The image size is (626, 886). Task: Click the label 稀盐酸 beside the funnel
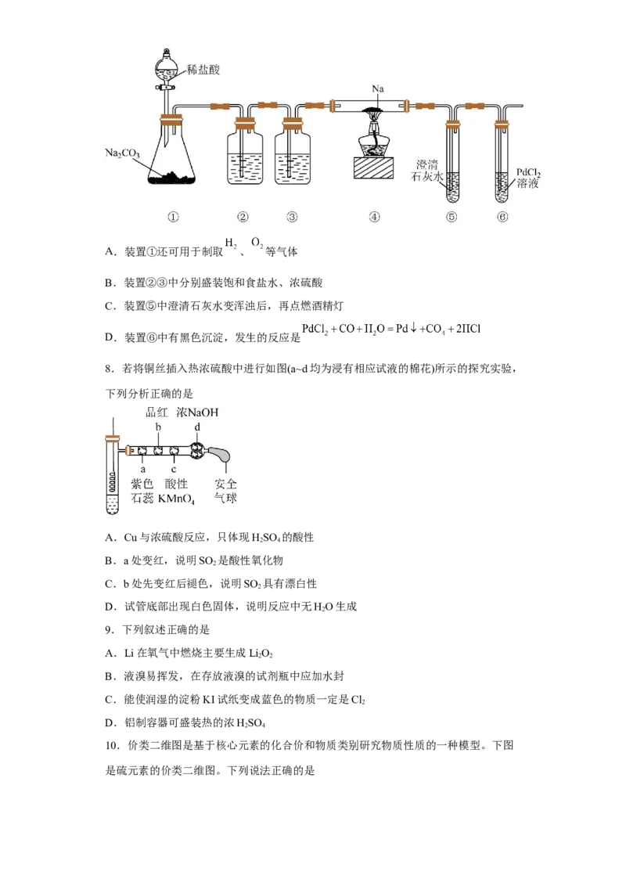coord(203,70)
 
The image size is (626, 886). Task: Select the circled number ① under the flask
coord(173,217)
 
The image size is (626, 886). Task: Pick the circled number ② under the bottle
coord(243,217)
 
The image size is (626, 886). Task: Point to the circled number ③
coord(292,217)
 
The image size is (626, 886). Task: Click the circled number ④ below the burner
coord(374,217)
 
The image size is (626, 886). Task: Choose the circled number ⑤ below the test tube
coord(452,217)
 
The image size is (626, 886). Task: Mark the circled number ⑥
coord(502,217)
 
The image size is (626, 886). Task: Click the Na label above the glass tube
coord(378,90)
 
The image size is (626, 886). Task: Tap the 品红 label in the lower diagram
coord(157,412)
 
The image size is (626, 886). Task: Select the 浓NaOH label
coord(197,412)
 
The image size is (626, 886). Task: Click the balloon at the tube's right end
coord(222,453)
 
